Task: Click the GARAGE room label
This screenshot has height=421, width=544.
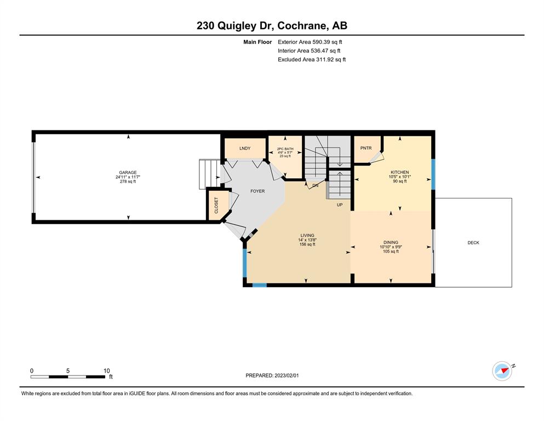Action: click(128, 173)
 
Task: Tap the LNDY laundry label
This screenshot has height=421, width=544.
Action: click(245, 148)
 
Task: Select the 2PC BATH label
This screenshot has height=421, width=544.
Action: click(285, 149)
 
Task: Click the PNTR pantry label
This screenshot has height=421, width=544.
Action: click(366, 148)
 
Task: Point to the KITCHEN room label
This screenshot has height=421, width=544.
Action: click(400, 172)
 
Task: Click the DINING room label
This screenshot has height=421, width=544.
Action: click(391, 242)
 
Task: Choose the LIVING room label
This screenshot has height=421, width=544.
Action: click(307, 235)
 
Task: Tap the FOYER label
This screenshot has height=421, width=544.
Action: click(257, 191)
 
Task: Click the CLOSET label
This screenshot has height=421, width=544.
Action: click(216, 206)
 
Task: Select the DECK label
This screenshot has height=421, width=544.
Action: click(473, 243)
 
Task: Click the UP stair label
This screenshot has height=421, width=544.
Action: click(340, 205)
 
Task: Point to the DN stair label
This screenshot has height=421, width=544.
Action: click(315, 186)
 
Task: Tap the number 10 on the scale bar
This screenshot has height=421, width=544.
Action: click(106, 371)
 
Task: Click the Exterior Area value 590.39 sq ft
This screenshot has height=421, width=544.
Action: click(327, 42)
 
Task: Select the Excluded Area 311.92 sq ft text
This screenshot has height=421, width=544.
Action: click(312, 59)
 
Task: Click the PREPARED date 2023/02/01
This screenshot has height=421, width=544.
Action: click(287, 376)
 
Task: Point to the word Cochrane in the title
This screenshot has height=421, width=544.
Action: click(302, 26)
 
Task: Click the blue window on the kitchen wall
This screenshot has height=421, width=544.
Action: click(433, 174)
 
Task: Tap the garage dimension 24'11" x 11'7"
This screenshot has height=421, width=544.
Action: click(128, 177)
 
